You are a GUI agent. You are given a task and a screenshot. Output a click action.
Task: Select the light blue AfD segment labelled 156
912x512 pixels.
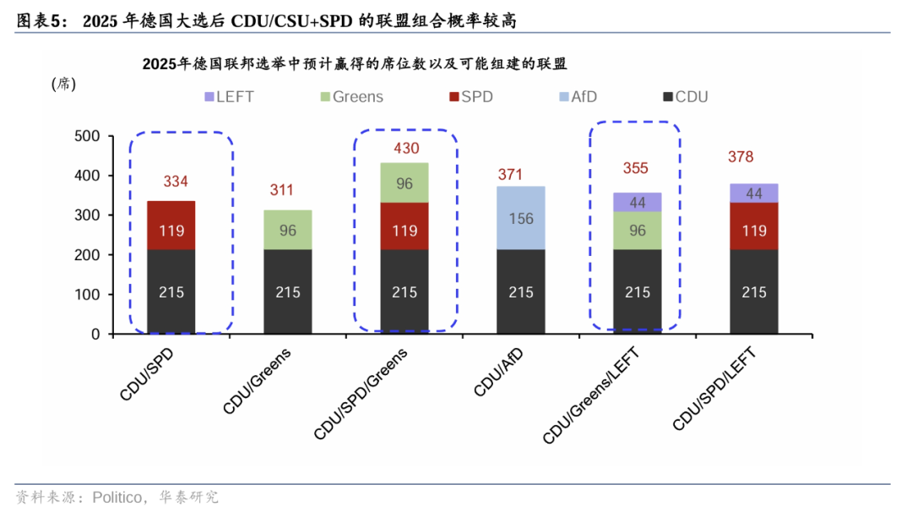tap(521, 218)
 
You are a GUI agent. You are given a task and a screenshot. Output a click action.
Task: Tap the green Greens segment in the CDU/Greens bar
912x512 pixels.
tap(288, 230)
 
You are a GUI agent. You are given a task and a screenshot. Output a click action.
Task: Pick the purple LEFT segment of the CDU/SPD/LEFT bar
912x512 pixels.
tap(754, 193)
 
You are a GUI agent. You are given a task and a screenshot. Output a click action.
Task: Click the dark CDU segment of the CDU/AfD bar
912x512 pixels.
tap(521, 291)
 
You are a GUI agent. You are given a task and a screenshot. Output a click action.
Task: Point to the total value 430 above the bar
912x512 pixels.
tap(406, 149)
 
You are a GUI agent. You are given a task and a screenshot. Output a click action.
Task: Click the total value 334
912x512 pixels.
tap(176, 182)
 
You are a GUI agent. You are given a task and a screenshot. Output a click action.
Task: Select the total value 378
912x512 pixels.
tap(741, 157)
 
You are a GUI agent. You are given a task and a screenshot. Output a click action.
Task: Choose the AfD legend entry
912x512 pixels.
tap(576, 97)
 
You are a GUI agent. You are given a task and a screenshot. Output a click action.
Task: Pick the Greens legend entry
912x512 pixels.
tap(350, 97)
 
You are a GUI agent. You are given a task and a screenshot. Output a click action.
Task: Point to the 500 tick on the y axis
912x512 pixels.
tap(88, 136)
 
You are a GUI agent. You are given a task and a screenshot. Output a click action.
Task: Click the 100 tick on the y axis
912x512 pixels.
tap(88, 295)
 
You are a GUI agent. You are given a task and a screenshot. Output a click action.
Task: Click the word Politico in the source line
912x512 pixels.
tap(116, 497)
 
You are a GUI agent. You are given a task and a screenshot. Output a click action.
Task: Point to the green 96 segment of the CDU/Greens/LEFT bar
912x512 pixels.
tap(638, 231)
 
